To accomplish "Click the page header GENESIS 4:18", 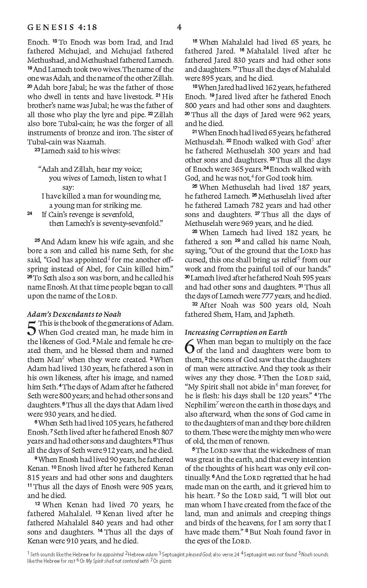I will coord(62,27).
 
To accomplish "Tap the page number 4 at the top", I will coord(179,27).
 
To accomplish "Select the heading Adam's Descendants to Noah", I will coord(74,314).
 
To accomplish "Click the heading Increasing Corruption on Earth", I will coord(236,332).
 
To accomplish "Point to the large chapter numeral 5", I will coord(31,328).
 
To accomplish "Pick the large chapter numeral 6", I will coord(190,346).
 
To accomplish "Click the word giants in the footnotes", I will coord(165,561).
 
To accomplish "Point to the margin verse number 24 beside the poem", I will coord(30,214).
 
